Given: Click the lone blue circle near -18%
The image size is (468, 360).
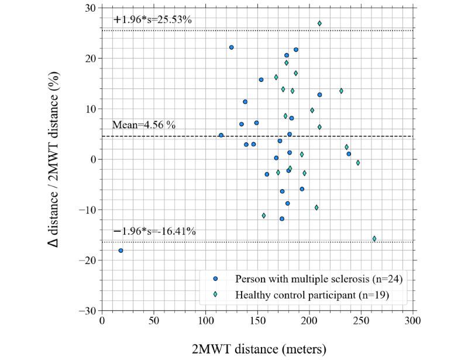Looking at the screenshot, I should pos(121,251).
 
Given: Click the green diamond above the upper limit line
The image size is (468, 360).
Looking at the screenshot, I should pos(319,23).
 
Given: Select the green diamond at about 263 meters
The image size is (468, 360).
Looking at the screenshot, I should pos(374,238).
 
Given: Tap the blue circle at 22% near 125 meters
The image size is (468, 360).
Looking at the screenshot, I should pos(232,47).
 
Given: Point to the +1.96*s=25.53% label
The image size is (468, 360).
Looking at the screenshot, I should pos(153,19).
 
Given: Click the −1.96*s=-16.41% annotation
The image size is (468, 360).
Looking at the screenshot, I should pos(154,231).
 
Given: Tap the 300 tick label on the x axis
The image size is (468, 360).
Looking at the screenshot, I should pos(413,321).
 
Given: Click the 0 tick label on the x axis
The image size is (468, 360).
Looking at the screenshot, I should pos(102,321).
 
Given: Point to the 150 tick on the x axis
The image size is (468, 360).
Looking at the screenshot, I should pos(258,321).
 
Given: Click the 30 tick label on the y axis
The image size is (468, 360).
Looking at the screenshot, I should pos(91,8).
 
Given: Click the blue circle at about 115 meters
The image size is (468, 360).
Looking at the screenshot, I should pos(221,135).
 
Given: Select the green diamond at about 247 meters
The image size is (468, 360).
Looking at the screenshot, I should pos(358,163).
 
